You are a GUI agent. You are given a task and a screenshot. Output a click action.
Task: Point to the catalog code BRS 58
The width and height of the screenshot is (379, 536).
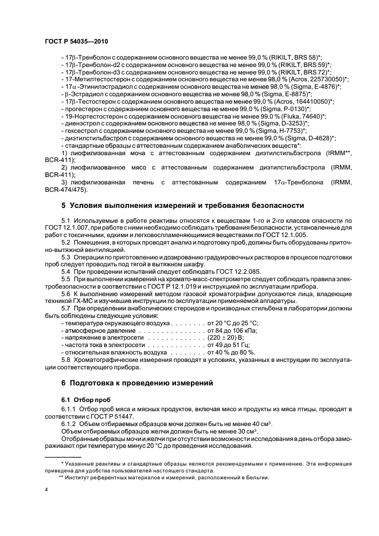[x=304, y=58]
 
